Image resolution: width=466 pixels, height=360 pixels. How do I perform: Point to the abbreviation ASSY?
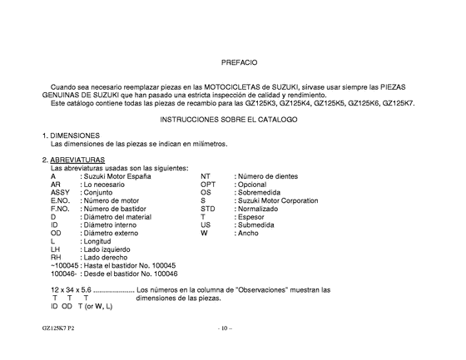coord(60,192)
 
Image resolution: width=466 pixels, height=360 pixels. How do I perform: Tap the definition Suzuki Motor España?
coord(116,176)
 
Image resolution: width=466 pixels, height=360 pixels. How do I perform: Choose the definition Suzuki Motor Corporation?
coord(278,200)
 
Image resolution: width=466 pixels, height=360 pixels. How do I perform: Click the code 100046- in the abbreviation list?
coord(64,274)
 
